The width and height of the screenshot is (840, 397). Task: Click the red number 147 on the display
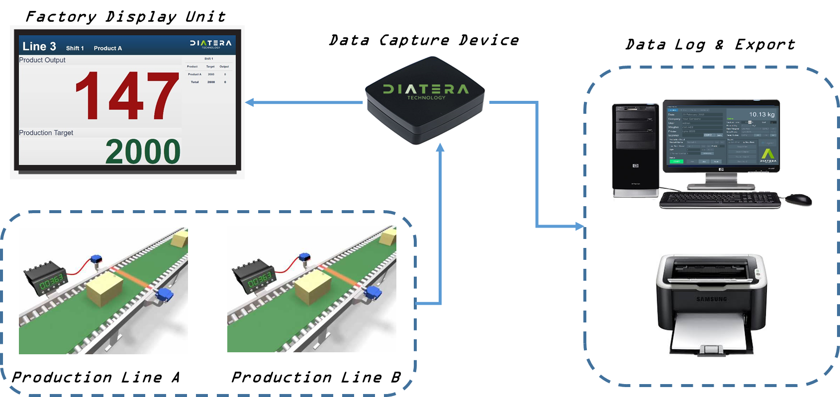127,96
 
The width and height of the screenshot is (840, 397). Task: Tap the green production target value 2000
143,152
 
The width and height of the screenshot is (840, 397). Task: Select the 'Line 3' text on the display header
39,47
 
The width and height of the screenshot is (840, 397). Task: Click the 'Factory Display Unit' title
125,17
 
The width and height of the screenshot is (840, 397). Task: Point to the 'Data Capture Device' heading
424,40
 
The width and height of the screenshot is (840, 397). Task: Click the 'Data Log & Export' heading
710,45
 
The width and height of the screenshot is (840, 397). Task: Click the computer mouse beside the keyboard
799,200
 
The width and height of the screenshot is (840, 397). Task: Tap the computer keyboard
720,200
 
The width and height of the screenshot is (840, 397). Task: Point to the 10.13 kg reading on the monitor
761,115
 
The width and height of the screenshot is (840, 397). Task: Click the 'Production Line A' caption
95,378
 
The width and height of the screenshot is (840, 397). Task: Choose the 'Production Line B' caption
316,378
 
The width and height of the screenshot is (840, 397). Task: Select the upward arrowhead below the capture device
440,148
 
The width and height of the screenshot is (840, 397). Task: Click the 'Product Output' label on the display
42,60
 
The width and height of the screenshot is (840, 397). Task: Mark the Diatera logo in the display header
210,44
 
